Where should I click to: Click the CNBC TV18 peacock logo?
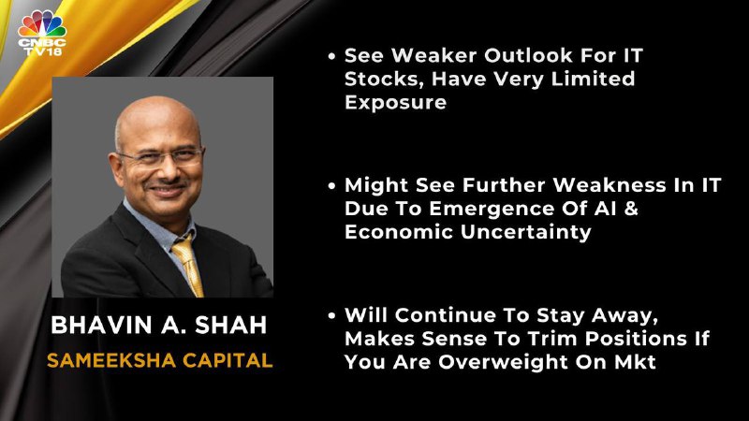(42, 33)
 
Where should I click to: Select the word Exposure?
(395, 102)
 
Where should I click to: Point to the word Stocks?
(385, 80)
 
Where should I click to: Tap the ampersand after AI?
(631, 209)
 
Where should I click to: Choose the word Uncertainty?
(526, 232)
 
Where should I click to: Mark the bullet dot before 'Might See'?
(332, 185)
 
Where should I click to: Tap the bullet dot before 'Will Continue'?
(332, 316)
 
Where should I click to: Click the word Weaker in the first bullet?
(434, 55)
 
